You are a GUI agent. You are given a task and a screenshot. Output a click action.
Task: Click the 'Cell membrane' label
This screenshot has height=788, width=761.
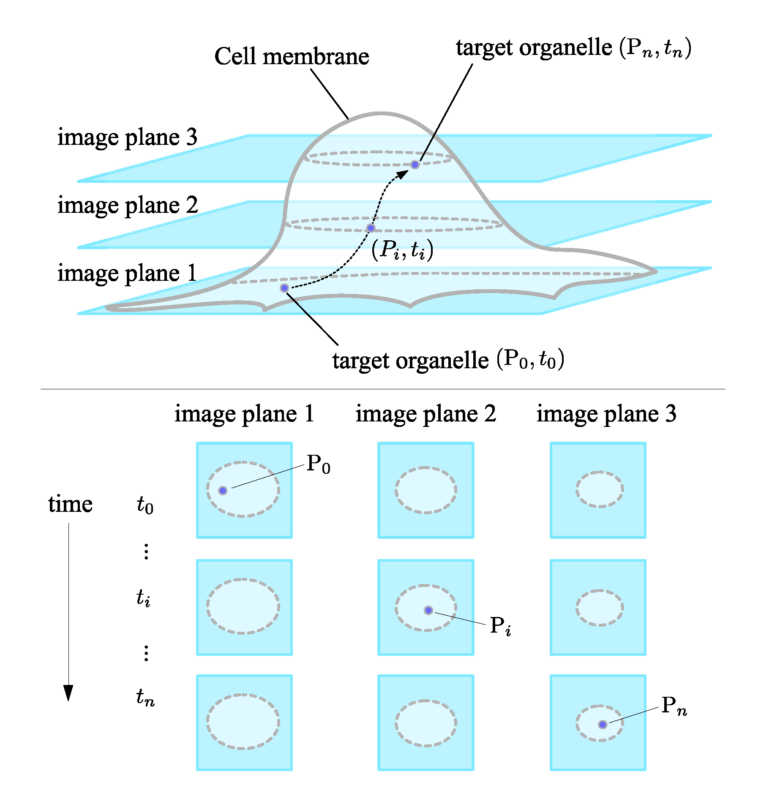click(x=292, y=57)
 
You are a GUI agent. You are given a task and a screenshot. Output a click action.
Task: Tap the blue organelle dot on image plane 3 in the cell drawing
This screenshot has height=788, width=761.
click(x=415, y=164)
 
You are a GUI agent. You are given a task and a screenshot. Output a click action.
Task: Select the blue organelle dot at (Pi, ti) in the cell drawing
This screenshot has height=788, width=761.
click(x=371, y=228)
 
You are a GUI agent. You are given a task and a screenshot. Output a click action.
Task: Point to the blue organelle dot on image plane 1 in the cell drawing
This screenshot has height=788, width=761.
click(x=284, y=288)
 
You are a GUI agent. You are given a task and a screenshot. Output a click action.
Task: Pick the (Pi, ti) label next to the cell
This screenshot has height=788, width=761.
click(x=402, y=250)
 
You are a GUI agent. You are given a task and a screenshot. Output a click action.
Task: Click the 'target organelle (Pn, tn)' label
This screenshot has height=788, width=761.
click(x=573, y=48)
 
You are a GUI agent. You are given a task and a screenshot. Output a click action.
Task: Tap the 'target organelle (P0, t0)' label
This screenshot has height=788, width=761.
click(x=448, y=360)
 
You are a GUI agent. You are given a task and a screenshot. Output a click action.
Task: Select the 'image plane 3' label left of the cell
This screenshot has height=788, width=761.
click(x=127, y=137)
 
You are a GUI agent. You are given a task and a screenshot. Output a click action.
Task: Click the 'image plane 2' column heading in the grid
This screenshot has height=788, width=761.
click(x=426, y=413)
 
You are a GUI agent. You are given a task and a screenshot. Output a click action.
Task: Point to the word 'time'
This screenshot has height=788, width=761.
click(x=70, y=504)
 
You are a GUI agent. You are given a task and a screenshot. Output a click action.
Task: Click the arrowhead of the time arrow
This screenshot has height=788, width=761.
click(x=68, y=693)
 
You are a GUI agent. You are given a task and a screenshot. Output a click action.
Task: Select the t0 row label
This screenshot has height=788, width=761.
click(x=145, y=505)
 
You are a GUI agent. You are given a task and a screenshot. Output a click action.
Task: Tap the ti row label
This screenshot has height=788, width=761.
click(x=143, y=598)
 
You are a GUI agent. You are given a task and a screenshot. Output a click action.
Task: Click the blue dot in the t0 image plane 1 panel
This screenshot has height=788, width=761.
click(x=223, y=490)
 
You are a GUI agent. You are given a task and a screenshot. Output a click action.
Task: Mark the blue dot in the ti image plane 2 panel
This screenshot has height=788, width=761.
click(x=428, y=610)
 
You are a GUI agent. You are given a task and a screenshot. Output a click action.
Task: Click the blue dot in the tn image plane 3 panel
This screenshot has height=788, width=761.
click(x=603, y=725)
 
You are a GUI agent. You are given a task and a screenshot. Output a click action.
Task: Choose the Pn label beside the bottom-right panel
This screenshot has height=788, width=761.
click(x=674, y=706)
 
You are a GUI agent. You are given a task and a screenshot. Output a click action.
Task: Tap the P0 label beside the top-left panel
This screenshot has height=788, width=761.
click(x=318, y=464)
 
